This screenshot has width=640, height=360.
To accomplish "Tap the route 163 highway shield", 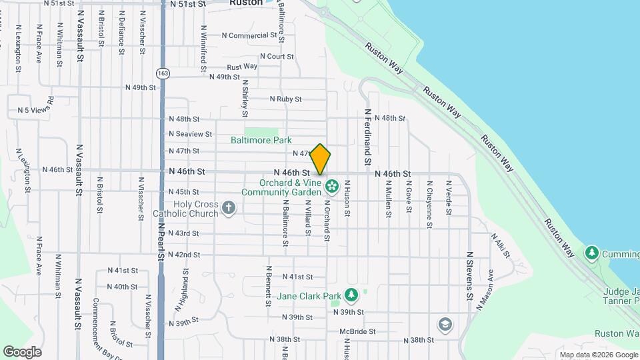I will click(162, 71).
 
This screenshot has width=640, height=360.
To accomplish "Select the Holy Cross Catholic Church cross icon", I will click(229, 208).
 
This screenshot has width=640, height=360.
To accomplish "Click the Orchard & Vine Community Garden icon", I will click(332, 184).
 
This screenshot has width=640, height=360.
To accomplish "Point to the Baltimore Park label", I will click(261, 141).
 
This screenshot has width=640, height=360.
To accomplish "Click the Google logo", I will click(22, 351).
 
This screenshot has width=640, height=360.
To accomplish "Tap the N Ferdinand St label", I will click(367, 138).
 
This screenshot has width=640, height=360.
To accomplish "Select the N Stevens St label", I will click(469, 276).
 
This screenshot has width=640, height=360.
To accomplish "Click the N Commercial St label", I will click(249, 35).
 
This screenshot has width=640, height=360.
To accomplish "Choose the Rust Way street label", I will click(242, 67).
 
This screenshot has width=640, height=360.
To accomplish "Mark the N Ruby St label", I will click(285, 99).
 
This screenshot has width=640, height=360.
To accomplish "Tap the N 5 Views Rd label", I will click(35, 109).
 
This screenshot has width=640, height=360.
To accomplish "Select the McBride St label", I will click(357, 331).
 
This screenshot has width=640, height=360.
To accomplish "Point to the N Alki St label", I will click(501, 245).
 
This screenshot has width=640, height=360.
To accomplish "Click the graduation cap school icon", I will click(444, 325).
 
